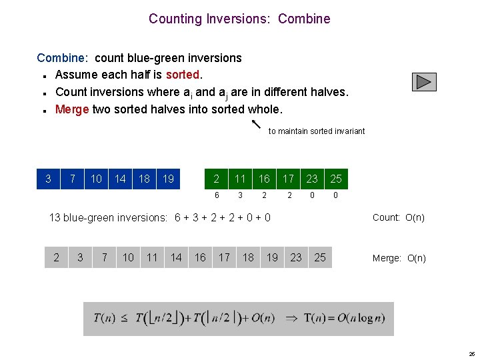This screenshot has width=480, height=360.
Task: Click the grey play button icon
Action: coord(424,81)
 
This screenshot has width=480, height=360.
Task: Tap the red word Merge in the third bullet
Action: coord(72,109)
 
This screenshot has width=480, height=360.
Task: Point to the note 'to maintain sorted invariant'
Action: coord(317,131)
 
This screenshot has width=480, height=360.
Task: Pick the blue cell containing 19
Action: coord(169,179)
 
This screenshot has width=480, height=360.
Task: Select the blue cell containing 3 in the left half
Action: coord(48,179)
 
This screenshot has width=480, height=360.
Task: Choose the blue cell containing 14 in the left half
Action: coord(120,179)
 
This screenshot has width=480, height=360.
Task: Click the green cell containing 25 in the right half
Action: coord(336,179)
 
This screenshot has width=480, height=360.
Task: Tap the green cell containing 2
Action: coord(216,179)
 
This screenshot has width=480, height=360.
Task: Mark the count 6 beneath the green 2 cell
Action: coord(216,195)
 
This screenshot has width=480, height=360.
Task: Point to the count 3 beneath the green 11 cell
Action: coord(240,195)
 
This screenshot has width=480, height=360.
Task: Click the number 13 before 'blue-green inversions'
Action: coord(55,217)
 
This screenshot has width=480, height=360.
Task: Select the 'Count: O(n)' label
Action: coord(398,217)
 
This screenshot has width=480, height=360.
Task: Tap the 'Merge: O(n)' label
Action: coord(399,258)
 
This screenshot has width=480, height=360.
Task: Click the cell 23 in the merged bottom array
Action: coord(296,257)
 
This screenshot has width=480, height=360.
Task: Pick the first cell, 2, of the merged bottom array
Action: coord(56,257)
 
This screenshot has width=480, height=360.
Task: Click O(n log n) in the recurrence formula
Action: coord(353,318)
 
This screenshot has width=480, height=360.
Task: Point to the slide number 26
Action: coord(471,354)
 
